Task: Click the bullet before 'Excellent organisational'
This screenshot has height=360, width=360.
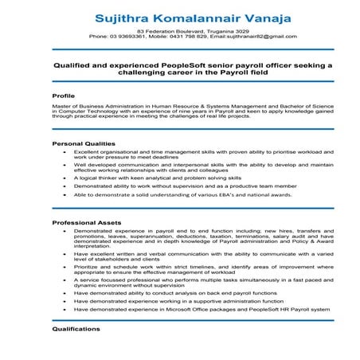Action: [64, 151]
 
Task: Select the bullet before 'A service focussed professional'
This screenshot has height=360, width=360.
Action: [64, 283]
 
